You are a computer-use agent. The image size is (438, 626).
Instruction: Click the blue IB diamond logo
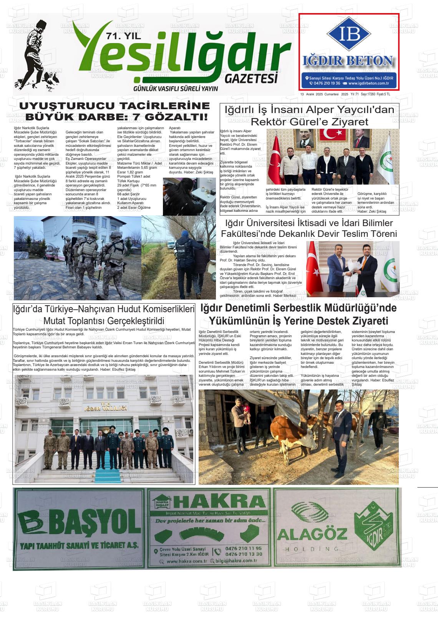pos(349,34)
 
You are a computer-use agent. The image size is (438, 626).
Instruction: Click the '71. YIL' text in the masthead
pos(123,37)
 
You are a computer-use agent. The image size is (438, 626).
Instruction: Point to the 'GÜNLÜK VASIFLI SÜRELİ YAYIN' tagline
pos(175,89)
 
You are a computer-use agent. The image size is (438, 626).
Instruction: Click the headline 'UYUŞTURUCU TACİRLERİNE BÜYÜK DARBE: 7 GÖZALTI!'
pos(114,111)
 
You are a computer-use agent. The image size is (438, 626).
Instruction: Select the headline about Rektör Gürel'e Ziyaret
pos(309,116)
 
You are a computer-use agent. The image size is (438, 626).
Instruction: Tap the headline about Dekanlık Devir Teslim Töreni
pos(309,228)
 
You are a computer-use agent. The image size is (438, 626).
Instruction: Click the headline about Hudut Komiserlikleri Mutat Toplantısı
pos(104,315)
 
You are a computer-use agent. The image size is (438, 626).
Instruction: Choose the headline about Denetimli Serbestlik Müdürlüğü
pos(299,314)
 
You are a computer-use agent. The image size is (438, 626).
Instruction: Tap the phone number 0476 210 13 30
pos(244,554)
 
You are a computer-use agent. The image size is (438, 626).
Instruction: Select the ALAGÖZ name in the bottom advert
pos(312,534)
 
